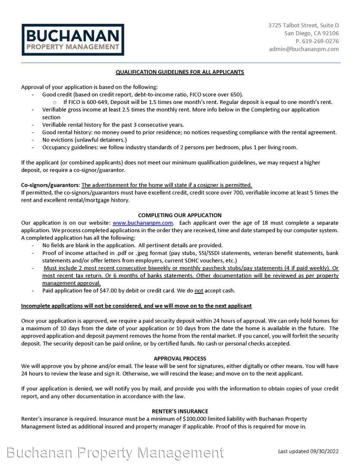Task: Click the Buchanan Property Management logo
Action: (x=73, y=40)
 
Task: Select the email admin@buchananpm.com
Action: (x=304, y=49)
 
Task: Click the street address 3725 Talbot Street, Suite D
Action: (x=303, y=25)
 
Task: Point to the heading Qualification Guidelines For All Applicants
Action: (x=180, y=72)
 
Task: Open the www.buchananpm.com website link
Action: (x=143, y=223)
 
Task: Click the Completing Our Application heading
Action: (x=180, y=215)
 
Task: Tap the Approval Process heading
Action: (x=180, y=359)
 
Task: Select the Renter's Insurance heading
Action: (x=180, y=411)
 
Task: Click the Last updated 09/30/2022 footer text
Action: (x=308, y=451)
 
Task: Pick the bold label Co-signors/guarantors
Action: (x=50, y=185)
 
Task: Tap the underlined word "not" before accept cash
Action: (x=199, y=291)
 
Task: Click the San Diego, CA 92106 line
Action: (x=311, y=33)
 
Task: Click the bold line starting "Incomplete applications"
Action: (x=136, y=306)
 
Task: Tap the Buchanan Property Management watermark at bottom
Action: (x=116, y=453)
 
